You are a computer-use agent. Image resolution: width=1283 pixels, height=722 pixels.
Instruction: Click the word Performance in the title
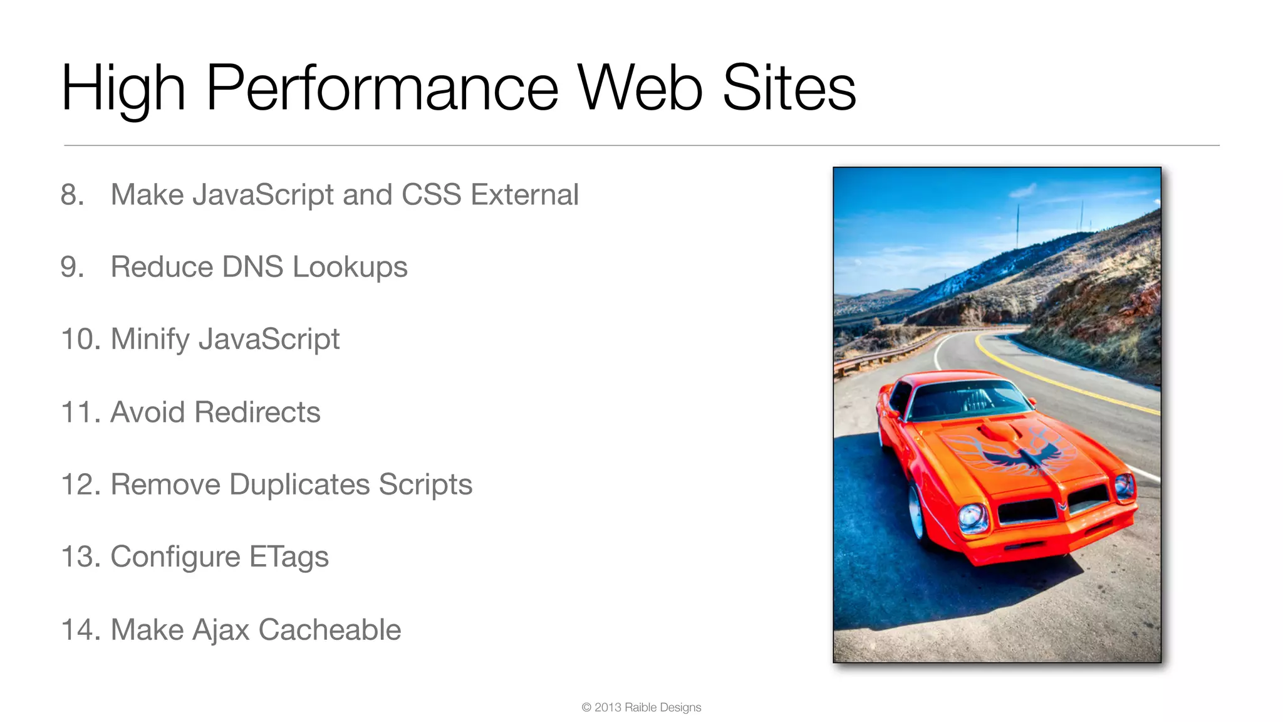click(382, 88)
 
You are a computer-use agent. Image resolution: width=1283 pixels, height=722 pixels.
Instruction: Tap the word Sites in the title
click(789, 88)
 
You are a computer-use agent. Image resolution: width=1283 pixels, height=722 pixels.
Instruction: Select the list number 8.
click(71, 195)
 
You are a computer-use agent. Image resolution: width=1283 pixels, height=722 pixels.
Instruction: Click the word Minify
click(150, 340)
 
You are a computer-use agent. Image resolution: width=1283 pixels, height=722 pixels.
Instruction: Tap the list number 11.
click(80, 412)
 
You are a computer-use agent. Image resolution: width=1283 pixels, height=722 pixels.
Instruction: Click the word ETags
click(288, 557)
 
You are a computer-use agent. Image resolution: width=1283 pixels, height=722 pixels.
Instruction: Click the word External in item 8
click(524, 195)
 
